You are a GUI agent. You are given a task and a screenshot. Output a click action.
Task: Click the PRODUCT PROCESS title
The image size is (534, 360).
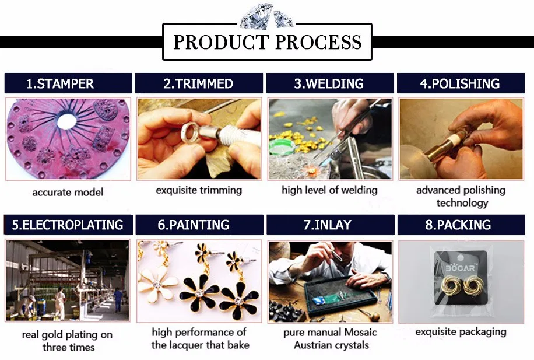268,42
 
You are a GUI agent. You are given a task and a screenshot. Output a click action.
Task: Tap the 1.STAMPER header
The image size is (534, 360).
60,83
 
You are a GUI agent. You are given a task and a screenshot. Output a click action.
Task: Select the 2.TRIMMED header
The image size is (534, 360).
199,83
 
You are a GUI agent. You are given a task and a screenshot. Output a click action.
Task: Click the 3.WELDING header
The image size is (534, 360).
329,83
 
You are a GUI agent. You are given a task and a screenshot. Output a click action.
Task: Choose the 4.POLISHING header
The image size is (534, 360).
460,83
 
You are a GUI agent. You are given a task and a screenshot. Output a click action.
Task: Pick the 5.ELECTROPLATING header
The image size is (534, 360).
68,225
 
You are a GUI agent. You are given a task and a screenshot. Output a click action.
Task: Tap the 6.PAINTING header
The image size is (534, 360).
194,225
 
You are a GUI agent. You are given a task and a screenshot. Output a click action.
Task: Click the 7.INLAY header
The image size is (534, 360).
327,225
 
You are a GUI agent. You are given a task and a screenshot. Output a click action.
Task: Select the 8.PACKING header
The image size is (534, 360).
458,225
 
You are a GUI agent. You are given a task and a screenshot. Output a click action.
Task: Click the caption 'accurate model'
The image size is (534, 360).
68,193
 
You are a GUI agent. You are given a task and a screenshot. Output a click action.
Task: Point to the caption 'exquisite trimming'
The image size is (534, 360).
199,190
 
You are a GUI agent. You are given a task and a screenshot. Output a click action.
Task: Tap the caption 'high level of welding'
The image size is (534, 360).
329,190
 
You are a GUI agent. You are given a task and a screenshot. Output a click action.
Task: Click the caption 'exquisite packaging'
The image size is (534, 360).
461,332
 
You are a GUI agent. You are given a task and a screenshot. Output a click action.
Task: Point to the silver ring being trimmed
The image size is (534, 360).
192,132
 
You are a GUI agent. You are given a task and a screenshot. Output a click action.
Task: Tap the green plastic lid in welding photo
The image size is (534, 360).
282,147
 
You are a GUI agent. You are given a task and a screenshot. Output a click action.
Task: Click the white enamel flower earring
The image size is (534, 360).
157,283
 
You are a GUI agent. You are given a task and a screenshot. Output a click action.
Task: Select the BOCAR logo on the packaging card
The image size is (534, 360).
460,268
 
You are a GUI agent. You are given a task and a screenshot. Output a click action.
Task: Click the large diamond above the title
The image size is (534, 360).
257,16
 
